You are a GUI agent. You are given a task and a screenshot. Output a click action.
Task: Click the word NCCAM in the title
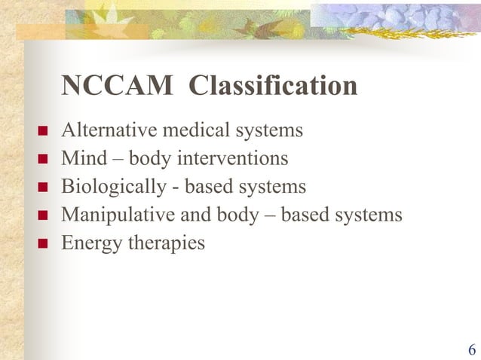[117, 87]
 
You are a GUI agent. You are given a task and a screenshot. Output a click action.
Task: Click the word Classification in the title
[273, 87]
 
